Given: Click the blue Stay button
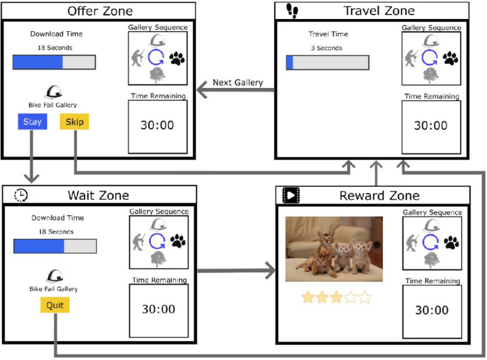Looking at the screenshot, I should pyautogui.click(x=32, y=122).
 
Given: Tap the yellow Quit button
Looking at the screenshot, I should pyautogui.click(x=54, y=305).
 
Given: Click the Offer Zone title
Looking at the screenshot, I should pyautogui.click(x=100, y=11).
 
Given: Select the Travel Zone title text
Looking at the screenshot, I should pyautogui.click(x=379, y=11).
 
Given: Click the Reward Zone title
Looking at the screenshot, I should pyautogui.click(x=381, y=196).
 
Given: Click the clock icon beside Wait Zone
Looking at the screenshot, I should pyautogui.click(x=21, y=196).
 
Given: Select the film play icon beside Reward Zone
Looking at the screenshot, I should pyautogui.click(x=291, y=196).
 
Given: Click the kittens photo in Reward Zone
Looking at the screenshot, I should pyautogui.click(x=333, y=249).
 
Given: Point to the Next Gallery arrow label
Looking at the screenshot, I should pyautogui.click(x=237, y=83).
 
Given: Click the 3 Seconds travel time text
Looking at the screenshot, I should pyautogui.click(x=326, y=48).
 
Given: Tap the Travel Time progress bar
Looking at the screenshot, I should pyautogui.click(x=327, y=63).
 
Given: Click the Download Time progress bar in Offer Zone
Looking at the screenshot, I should pyautogui.click(x=54, y=62).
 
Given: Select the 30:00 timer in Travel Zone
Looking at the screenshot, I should pyautogui.click(x=430, y=125).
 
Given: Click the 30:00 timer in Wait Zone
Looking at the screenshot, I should pyautogui.click(x=159, y=309).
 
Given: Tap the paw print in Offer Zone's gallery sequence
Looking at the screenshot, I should pyautogui.click(x=177, y=58).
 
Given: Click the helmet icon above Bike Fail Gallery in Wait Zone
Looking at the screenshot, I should pyautogui.click(x=54, y=276).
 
